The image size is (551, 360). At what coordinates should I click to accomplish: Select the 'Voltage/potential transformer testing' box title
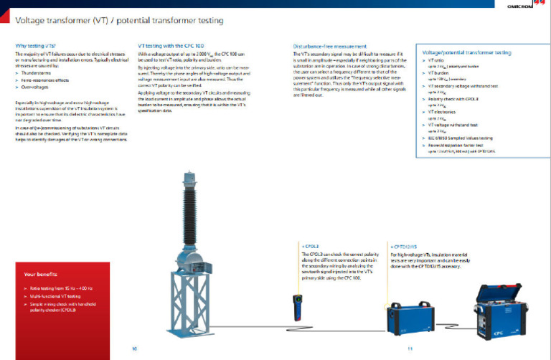click(x=467, y=53)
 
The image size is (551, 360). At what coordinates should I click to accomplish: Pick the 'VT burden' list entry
click(x=438, y=73)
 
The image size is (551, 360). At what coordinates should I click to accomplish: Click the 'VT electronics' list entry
click(x=443, y=113)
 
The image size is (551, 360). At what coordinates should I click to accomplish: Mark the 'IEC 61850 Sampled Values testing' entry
click(x=461, y=137)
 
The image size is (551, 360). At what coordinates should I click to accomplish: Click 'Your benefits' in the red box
click(x=39, y=275)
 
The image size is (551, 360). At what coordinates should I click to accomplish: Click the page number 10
click(x=134, y=349)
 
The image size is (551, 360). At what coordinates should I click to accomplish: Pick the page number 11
click(x=410, y=349)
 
